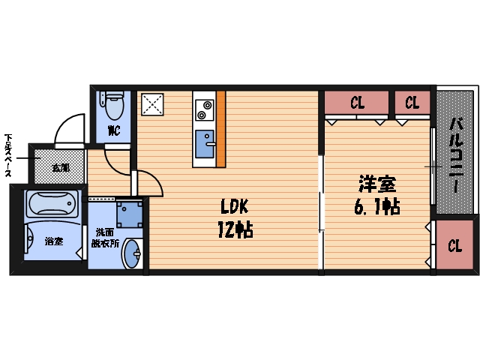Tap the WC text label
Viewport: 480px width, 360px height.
point(114,130)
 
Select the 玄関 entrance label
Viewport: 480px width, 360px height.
point(60,167)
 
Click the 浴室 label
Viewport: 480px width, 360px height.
point(53,241)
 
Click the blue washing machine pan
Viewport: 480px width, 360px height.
point(130,213)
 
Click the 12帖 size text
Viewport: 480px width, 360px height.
point(235,229)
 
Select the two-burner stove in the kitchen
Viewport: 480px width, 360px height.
point(202,110)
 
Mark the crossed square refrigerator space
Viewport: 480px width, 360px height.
point(154,105)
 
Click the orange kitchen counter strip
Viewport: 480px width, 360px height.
point(221,129)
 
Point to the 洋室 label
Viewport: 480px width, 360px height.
point(376,184)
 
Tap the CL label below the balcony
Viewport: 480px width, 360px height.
point(455,245)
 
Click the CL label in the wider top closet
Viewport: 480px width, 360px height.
point(357,103)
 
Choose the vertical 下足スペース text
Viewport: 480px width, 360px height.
point(8,156)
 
